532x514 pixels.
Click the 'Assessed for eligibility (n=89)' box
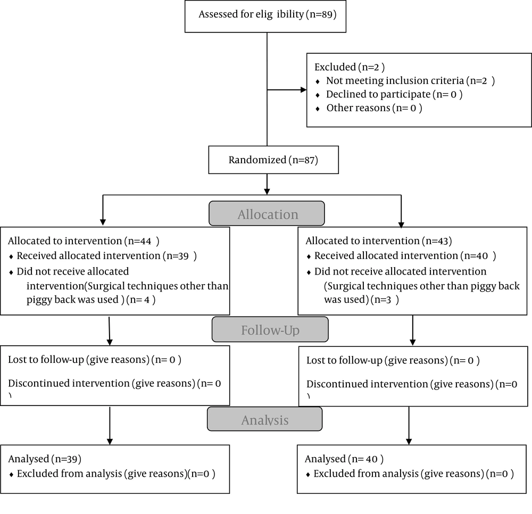point(265,16)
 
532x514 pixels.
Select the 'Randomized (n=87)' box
point(273,160)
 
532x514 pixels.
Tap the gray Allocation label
point(267,213)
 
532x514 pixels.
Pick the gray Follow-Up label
point(270,329)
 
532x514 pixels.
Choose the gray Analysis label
point(264,419)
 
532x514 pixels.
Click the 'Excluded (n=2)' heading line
point(350,67)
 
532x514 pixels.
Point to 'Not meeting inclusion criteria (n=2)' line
point(410,81)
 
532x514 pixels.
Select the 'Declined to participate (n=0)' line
point(394,94)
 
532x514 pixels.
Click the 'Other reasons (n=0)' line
point(374,108)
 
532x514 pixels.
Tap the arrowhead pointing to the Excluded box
point(304,90)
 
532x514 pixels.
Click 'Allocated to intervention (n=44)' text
point(84,241)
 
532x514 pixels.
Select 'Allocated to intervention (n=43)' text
point(379,241)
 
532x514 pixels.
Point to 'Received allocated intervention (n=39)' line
point(106,256)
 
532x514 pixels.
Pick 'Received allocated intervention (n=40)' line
point(405,256)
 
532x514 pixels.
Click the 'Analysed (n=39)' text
point(45,459)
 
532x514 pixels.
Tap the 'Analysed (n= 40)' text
point(344,459)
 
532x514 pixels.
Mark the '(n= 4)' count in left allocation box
point(141,300)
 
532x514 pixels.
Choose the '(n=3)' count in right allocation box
point(385,300)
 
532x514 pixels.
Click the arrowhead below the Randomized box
point(267,192)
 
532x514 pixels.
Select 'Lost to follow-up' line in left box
point(95,360)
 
